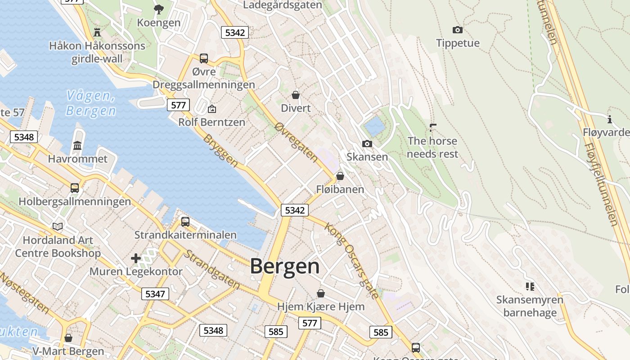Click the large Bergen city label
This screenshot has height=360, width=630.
point(285,266)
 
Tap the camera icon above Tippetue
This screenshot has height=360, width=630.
point(458,30)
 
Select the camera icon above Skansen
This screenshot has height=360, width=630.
point(367,144)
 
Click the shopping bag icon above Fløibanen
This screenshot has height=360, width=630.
point(340,176)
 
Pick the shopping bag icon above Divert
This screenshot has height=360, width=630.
point(296,95)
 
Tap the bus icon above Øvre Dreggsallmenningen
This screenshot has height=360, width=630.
point(204,58)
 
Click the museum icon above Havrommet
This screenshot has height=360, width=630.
point(77,146)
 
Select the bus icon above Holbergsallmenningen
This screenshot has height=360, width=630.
point(75,188)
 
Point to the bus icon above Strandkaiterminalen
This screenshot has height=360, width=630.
point(185,222)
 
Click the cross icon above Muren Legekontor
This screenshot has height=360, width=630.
point(136,258)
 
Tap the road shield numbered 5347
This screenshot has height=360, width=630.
point(156,294)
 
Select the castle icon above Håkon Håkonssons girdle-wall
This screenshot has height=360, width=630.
point(97,32)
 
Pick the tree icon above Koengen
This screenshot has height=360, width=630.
point(159,9)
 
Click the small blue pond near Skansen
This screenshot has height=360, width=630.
point(374,126)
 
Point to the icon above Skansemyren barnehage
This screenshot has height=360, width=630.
point(530,286)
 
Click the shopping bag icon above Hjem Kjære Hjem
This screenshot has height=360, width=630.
point(321,294)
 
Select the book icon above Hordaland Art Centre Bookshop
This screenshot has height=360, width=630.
point(58,226)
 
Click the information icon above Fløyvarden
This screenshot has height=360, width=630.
point(610,119)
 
